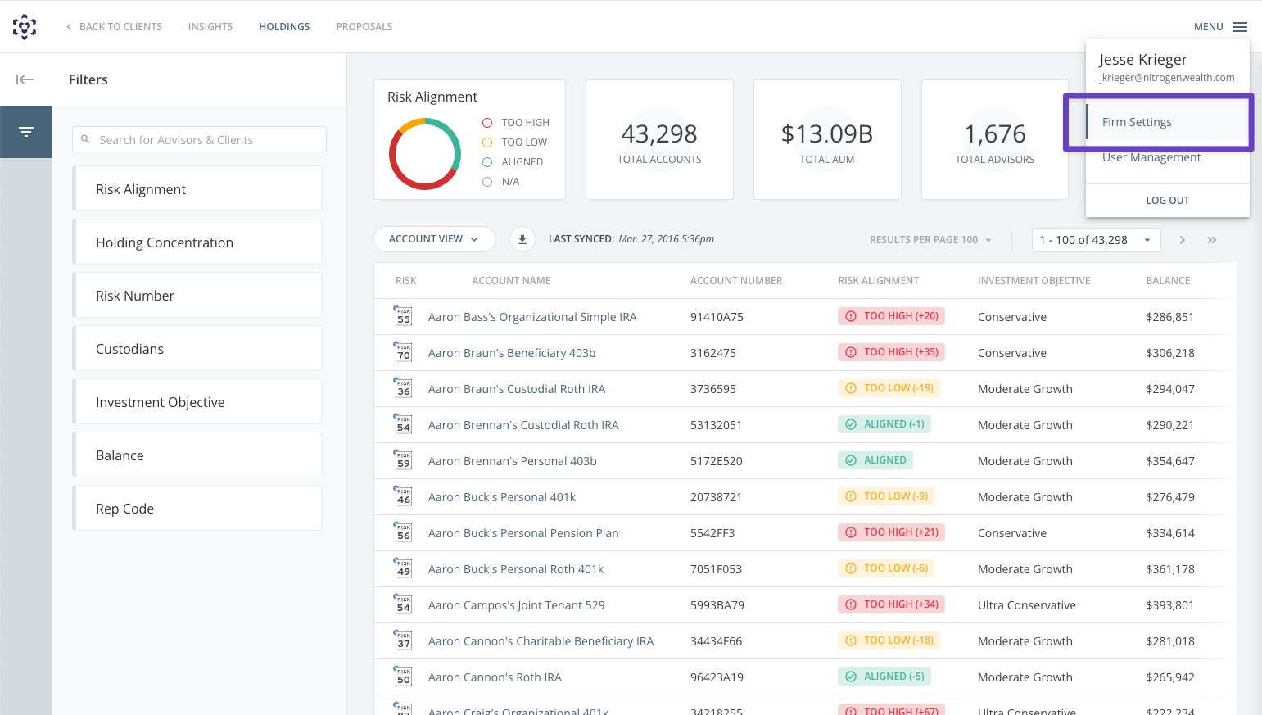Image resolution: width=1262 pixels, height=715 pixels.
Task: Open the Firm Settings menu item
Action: point(1137,122)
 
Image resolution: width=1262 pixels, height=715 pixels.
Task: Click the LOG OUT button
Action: point(1167,200)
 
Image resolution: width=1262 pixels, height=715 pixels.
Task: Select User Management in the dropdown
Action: point(1151,157)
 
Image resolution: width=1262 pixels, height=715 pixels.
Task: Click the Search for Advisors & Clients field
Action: point(200,140)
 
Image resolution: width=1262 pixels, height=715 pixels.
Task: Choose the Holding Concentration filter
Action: point(197,242)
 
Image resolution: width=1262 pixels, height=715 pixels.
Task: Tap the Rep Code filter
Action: point(197,509)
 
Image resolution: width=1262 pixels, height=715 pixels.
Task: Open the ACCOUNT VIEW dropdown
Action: point(434,239)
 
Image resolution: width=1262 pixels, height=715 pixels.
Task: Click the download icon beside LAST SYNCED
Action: point(522,239)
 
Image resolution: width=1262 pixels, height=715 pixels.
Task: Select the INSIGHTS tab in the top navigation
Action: point(210,27)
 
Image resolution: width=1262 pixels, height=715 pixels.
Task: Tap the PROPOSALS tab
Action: point(364,27)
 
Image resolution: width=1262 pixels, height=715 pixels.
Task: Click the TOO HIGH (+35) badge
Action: point(891,352)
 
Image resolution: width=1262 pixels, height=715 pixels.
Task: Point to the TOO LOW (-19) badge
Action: point(889,388)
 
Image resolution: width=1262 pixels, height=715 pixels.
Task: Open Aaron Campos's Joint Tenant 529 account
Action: point(516,605)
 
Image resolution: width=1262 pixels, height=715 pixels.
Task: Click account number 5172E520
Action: point(716,461)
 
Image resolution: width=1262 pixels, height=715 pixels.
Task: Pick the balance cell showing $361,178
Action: point(1169,569)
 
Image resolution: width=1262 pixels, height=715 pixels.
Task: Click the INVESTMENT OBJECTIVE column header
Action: point(1034,281)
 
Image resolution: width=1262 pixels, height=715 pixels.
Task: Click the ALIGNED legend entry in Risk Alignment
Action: point(522,162)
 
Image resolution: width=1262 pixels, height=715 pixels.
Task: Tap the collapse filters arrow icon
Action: point(25,79)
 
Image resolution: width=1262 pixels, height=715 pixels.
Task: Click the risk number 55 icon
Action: point(403,317)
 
